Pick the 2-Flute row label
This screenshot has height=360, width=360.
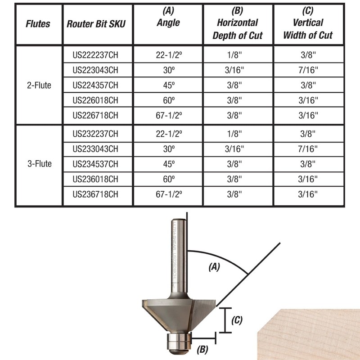tap(39, 85)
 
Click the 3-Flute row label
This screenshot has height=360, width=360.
tap(39, 164)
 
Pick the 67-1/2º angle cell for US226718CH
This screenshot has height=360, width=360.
tap(168, 115)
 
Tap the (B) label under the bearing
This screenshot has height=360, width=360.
tap(202, 348)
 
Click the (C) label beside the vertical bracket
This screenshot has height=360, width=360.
tap(237, 320)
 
